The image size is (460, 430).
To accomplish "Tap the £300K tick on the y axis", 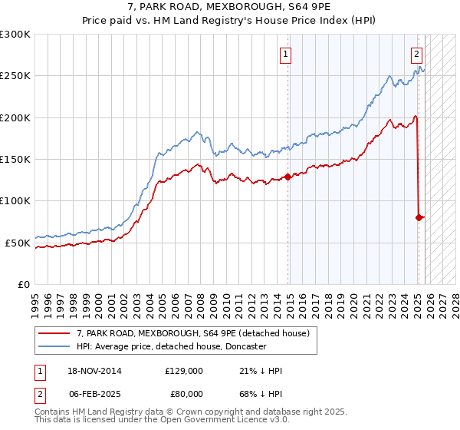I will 15,35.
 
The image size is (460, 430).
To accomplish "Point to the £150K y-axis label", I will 15,159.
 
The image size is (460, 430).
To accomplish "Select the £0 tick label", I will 23,284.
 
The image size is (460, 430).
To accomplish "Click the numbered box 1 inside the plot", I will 285,54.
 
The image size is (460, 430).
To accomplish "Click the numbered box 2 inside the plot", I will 416,54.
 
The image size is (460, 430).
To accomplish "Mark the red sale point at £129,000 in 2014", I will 288,177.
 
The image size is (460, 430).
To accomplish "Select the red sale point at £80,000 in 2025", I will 419,217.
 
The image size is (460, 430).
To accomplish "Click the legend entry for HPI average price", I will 170,346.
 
